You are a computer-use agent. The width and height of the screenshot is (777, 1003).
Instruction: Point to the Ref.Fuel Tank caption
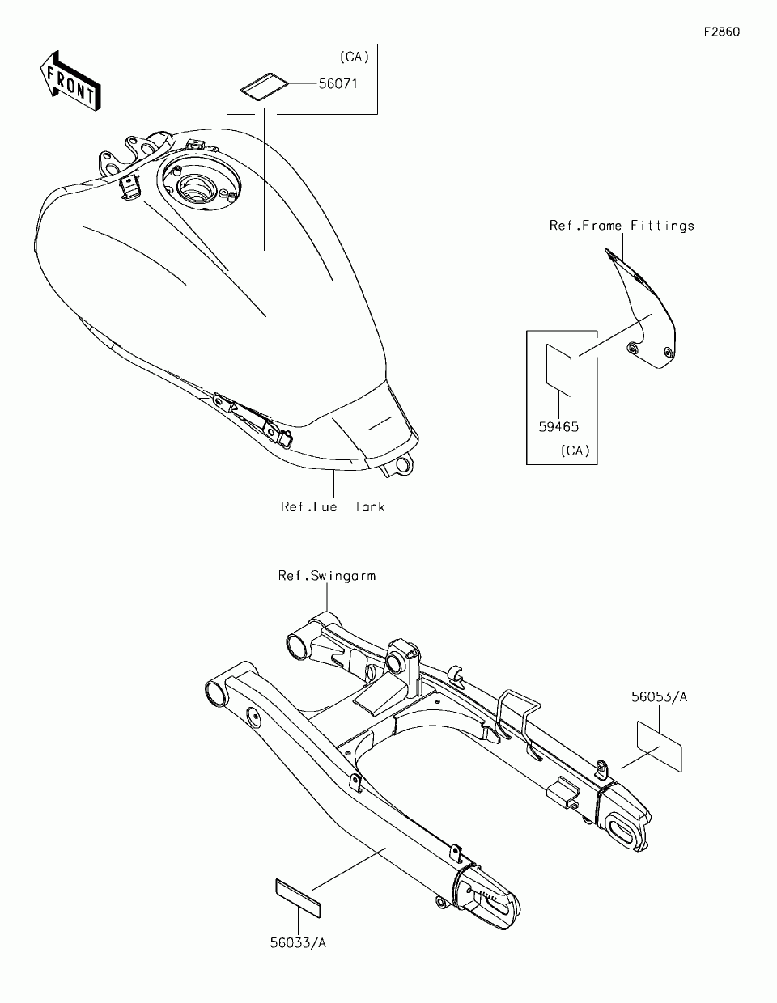click(x=333, y=506)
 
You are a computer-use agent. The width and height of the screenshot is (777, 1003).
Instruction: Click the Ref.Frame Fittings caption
click(x=622, y=226)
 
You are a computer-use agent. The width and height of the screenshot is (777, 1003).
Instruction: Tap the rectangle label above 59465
click(x=558, y=370)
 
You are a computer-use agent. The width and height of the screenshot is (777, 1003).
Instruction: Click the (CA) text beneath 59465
click(x=575, y=451)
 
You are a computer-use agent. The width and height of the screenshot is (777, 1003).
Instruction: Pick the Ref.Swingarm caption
click(x=326, y=576)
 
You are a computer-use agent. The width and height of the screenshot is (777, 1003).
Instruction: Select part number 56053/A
click(x=659, y=696)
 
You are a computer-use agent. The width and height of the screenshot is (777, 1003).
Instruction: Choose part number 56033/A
click(x=298, y=942)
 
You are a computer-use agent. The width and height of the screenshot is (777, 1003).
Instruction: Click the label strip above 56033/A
click(x=298, y=898)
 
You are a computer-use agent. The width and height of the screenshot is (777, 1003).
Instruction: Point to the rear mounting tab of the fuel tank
click(x=399, y=466)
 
